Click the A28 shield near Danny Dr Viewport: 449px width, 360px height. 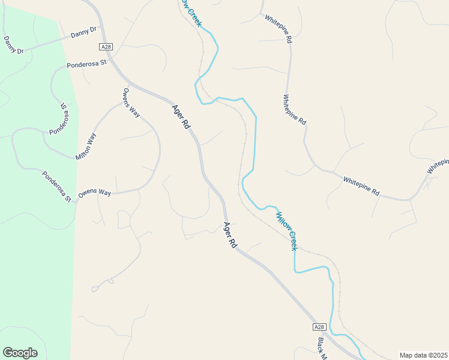[106, 47]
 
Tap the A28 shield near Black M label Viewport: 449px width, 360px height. [319, 327]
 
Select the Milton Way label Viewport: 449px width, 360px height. [86, 146]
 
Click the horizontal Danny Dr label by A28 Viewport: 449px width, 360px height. [83, 34]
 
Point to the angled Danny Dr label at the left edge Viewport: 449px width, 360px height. [13, 45]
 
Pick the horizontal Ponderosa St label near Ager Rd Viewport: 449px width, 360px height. [86, 63]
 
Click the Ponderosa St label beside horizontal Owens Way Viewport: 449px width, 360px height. [57, 186]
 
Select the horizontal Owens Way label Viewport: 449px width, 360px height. [95, 193]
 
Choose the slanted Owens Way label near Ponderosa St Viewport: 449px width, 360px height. [130, 103]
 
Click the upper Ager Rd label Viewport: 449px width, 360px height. [181, 118]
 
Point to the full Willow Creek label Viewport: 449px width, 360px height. [287, 230]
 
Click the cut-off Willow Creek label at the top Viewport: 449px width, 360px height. [190, 13]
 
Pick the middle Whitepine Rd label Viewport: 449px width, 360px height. [295, 110]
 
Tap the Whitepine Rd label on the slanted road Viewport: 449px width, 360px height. [361, 186]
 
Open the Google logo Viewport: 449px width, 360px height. [20, 353]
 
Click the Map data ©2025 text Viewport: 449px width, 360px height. [423, 355]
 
